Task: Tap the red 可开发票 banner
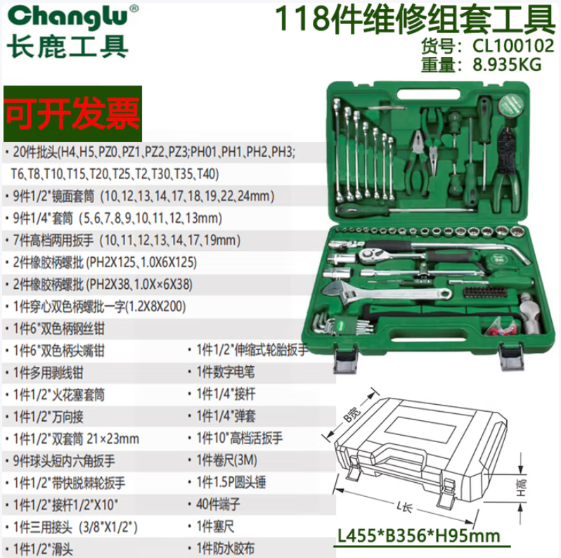click(x=72, y=113)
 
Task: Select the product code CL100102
click(x=513, y=46)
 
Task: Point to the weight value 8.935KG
click(x=507, y=65)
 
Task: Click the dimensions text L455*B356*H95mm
click(x=419, y=536)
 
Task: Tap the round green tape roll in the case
click(x=511, y=105)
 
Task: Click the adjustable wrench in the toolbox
click(x=386, y=292)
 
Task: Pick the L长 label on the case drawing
click(x=405, y=507)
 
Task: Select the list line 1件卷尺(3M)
click(x=227, y=460)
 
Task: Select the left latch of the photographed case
click(x=345, y=358)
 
